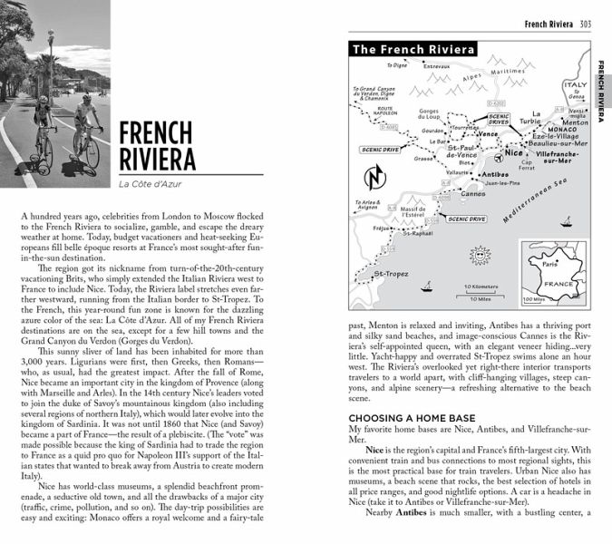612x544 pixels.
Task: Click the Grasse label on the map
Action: coord(424,158)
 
